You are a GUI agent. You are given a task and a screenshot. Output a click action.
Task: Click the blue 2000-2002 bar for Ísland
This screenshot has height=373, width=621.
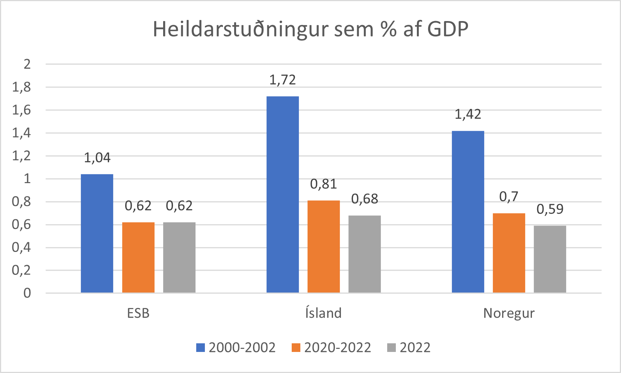282,194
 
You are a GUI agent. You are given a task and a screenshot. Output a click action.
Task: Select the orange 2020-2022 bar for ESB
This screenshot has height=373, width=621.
138,258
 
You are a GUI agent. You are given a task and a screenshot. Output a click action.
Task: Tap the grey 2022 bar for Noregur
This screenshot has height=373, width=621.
550,259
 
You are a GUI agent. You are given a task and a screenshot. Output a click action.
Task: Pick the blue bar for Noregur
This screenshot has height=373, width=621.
468,212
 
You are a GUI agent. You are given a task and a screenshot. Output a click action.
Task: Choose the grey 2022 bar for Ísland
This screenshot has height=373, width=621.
364,254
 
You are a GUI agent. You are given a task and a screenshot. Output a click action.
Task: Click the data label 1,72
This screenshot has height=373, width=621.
282,80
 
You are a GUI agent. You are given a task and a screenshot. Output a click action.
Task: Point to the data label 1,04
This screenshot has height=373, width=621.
97,158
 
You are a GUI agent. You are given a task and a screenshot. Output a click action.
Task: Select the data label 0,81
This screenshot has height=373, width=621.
323,184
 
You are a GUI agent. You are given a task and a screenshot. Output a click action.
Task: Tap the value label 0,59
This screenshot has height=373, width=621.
550,209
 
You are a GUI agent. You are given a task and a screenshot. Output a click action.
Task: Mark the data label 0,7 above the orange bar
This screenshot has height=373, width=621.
509,197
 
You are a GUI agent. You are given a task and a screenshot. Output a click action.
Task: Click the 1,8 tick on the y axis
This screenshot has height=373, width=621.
21,87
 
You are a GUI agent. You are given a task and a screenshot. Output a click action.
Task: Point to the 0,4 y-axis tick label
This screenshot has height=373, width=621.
21,247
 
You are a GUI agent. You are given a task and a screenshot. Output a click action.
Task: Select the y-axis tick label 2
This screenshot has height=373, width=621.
27,64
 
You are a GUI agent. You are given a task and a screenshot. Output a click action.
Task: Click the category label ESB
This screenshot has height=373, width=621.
138,313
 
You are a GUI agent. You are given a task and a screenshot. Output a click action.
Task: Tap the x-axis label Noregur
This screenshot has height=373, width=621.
509,313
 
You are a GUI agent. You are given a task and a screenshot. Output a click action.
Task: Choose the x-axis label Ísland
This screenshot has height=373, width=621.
323,313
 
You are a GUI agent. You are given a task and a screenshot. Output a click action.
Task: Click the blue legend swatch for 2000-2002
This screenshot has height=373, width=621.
201,347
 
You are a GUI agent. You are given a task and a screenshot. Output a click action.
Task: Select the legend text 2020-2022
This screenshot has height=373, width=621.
337,347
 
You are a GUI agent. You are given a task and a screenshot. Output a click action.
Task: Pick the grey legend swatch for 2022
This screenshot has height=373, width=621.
391,347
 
